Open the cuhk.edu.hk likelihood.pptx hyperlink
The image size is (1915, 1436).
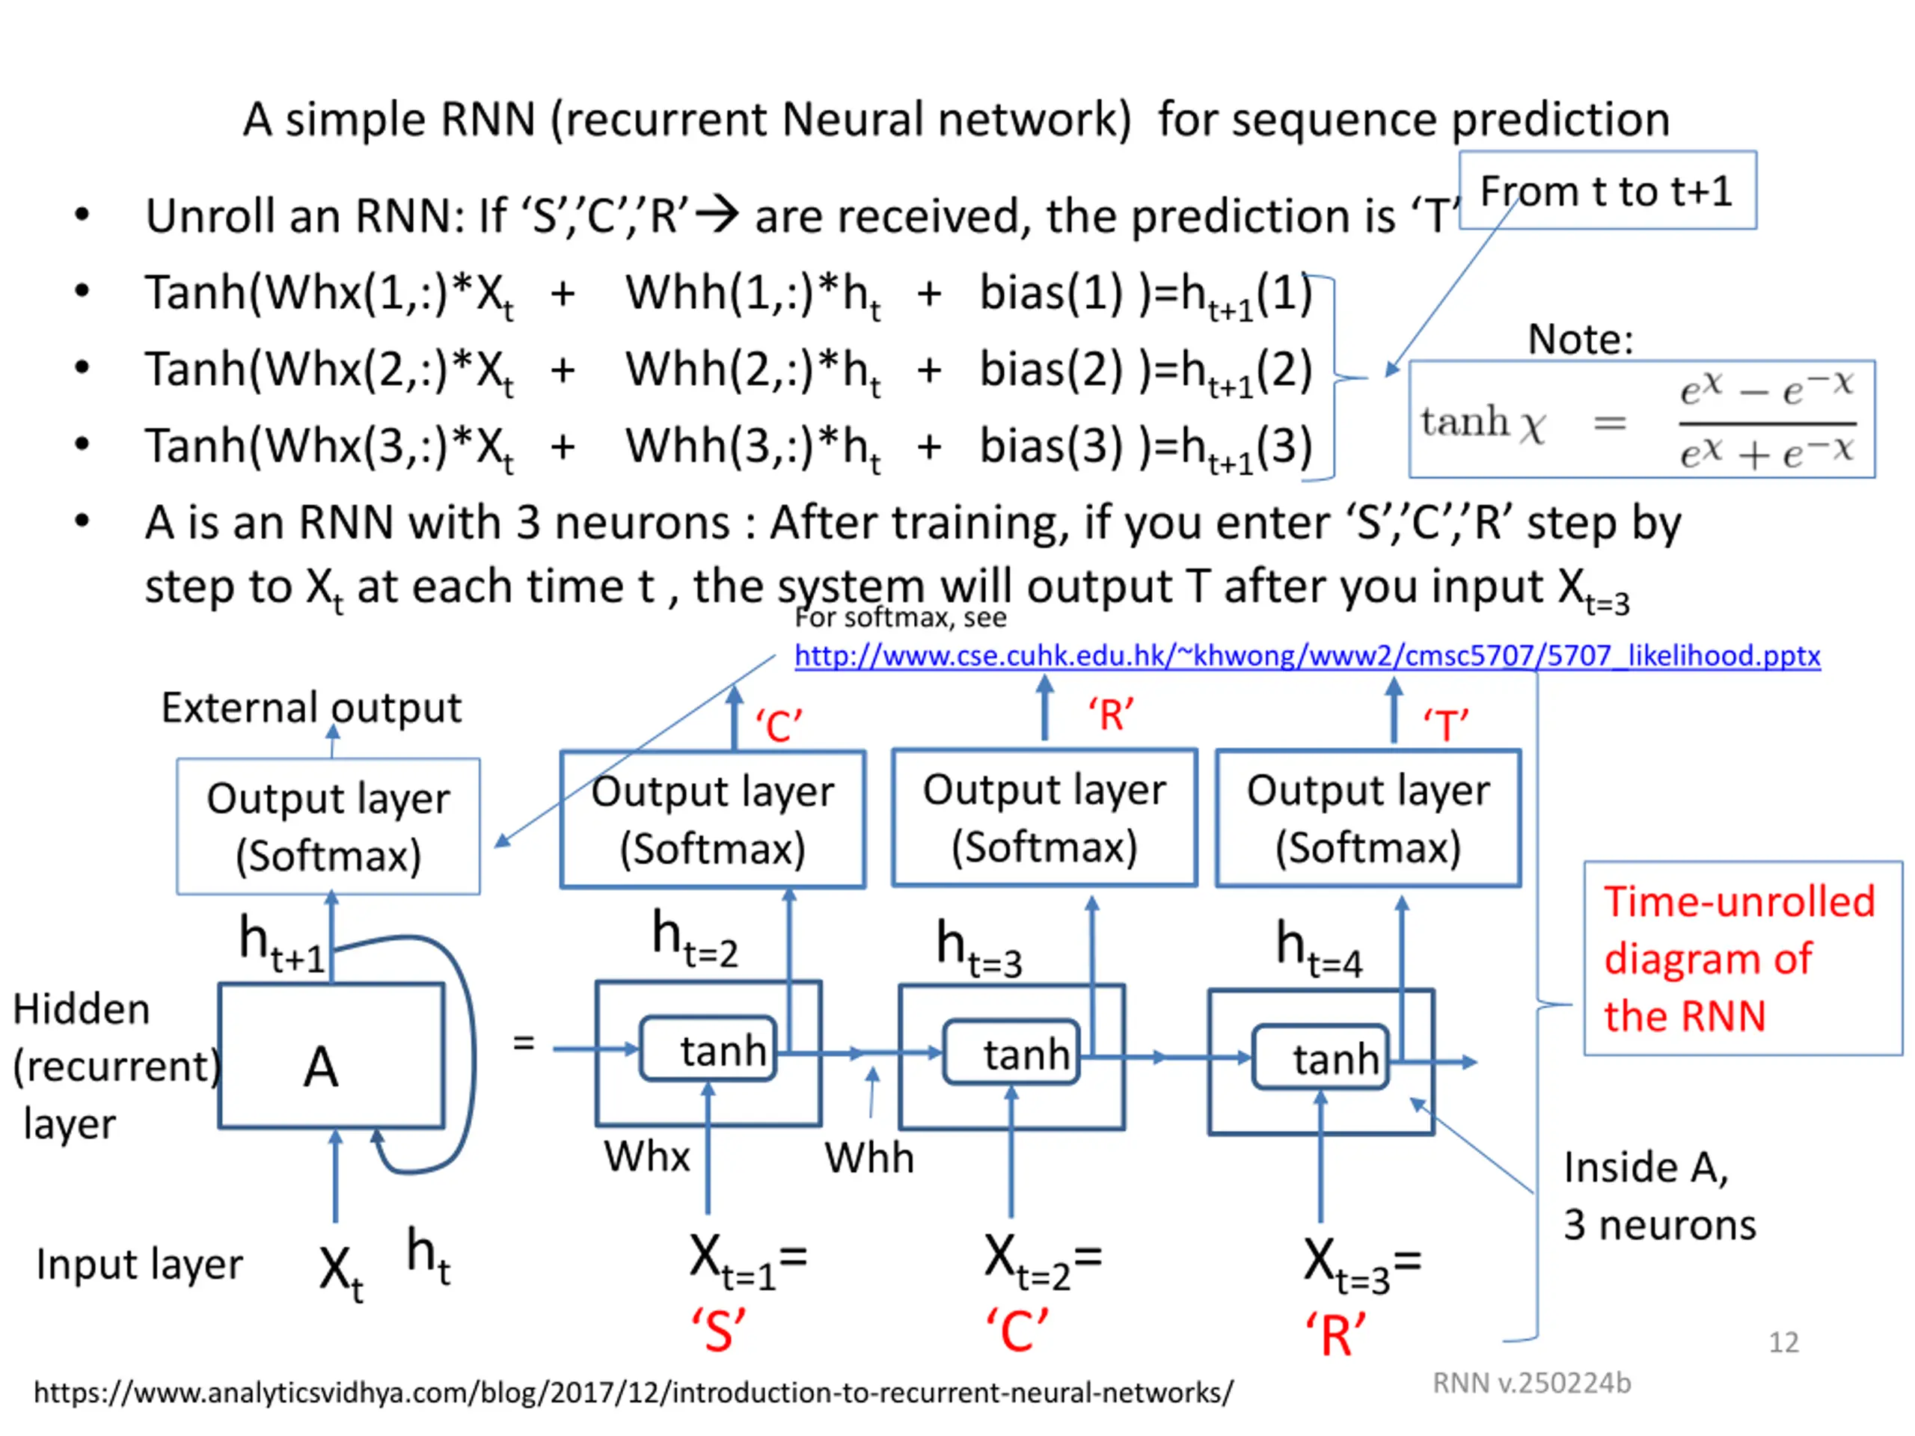coord(1308,655)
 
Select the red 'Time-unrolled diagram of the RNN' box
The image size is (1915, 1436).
coord(1743,958)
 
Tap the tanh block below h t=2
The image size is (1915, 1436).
coord(708,1049)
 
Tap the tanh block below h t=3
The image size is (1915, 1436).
coord(1011,1052)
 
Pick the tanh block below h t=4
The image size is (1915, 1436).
coord(1321,1057)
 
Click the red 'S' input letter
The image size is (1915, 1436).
coord(717,1331)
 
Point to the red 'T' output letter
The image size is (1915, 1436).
coord(1446,725)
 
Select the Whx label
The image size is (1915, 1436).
coord(647,1156)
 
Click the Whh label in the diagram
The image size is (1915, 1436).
coord(869,1158)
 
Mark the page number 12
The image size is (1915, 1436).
coord(1783,1343)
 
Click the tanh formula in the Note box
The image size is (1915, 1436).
coord(1641,420)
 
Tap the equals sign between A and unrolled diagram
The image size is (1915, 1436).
coord(523,1042)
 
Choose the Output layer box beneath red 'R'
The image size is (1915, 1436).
coord(1044,817)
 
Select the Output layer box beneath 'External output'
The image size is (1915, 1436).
coord(328,826)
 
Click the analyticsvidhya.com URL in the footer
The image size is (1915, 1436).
coord(633,1393)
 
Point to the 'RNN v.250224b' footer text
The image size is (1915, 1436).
coord(1531,1383)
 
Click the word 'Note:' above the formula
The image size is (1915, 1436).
coord(1580,339)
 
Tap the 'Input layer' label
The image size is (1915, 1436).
coord(139,1265)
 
